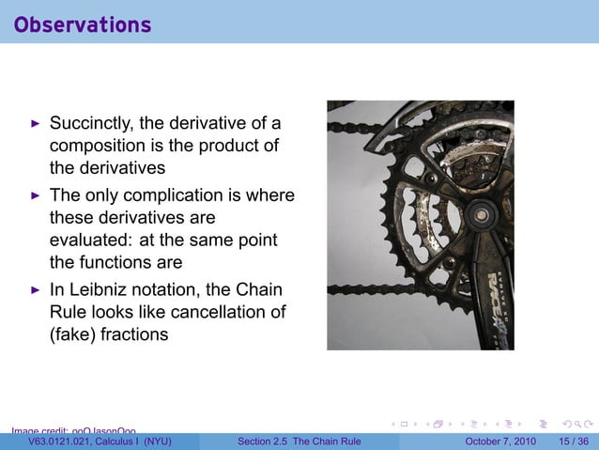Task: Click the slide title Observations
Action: coord(83,24)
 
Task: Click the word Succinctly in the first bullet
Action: coord(91,123)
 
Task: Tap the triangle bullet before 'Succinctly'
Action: coord(36,123)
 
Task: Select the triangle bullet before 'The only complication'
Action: coord(36,195)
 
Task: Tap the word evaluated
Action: coord(90,241)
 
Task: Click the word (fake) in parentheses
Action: coord(73,334)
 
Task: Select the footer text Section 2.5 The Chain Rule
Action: coord(299,442)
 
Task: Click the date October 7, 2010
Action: coord(499,442)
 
